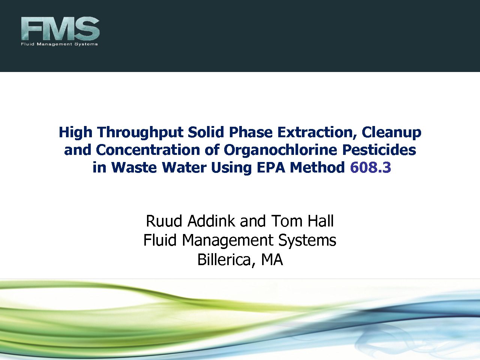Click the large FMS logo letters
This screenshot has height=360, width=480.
[x=60, y=28]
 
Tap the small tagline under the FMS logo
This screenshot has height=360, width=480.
[x=59, y=44]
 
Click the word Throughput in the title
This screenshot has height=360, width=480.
[x=140, y=133]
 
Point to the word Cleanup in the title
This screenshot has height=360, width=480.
[x=391, y=133]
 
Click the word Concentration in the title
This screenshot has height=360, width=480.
[x=148, y=150]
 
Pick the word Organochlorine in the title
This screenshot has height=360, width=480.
[x=280, y=150]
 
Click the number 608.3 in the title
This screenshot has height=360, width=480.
[x=370, y=167]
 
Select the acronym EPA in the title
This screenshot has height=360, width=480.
[x=271, y=167]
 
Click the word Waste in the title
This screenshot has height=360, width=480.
[x=134, y=167]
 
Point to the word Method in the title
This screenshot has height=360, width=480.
[x=317, y=167]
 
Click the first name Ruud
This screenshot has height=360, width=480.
[x=164, y=221]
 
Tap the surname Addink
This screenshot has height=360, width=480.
[x=211, y=221]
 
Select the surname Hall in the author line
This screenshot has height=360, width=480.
[x=321, y=221]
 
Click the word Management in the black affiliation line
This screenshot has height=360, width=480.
[x=227, y=241]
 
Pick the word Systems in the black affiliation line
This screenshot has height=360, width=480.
[x=307, y=241]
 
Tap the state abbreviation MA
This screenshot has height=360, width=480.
[x=272, y=259]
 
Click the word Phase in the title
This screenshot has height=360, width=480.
[x=250, y=132]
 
